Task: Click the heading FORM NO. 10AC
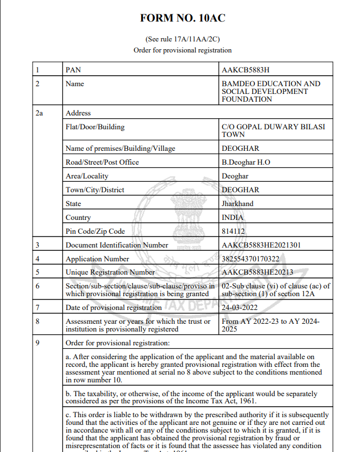tap(182, 18)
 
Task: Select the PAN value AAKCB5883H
tap(245, 70)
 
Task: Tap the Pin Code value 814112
tap(233, 232)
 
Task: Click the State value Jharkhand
tap(237, 204)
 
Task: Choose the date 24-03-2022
tap(240, 307)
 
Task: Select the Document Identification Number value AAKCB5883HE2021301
tap(261, 245)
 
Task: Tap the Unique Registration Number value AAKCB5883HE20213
tap(257, 272)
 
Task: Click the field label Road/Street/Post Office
tap(102, 162)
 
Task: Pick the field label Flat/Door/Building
tap(95, 127)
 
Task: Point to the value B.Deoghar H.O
tap(246, 162)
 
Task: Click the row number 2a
tap(39, 113)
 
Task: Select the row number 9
tap(37, 343)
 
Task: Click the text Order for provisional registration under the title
tap(182, 50)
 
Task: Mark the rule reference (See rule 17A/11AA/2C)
tap(182, 39)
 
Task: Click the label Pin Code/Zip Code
tap(95, 232)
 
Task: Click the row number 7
tap(37, 307)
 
